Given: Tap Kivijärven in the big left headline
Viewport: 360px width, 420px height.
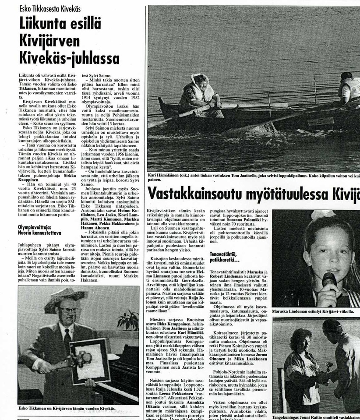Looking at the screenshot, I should [x=49, y=41].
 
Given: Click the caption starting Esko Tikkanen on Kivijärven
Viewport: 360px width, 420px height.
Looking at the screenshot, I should [x=68, y=408].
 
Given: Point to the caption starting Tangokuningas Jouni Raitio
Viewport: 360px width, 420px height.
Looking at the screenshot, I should [x=315, y=417].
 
